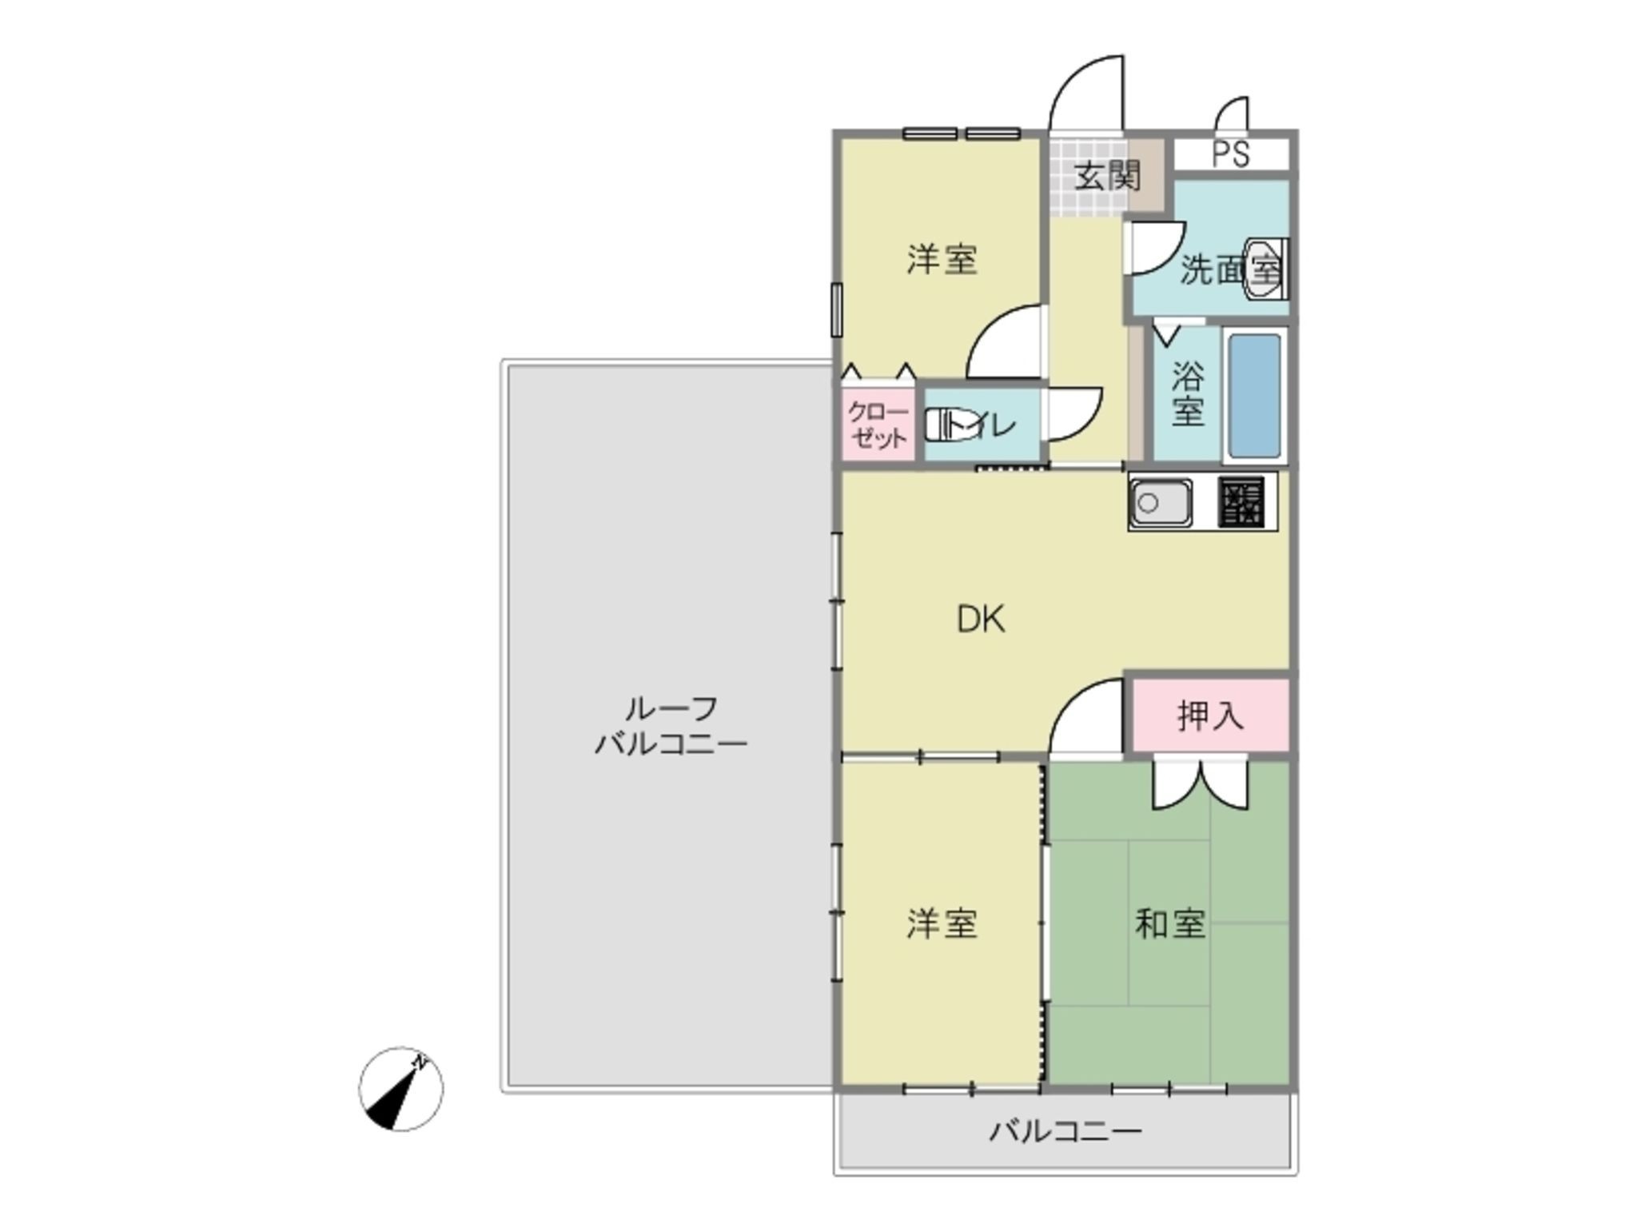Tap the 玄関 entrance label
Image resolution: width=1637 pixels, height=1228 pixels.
1106,176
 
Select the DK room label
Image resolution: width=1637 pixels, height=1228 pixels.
981,620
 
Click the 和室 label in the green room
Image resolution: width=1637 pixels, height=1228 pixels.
1169,924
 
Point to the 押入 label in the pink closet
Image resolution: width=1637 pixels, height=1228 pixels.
1210,716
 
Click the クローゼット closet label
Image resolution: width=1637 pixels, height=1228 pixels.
878,425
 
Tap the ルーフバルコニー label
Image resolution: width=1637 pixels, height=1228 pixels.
671,726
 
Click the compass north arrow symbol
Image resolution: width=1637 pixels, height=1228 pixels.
400,1088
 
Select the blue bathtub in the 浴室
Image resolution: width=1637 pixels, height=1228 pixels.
1254,396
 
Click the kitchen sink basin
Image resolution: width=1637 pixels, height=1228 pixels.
1160,503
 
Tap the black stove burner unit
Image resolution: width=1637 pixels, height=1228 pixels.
1241,502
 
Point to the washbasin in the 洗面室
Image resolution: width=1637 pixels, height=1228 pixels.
1265,269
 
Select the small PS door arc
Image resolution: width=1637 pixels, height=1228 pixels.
1232,114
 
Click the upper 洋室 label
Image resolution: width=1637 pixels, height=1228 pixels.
942,260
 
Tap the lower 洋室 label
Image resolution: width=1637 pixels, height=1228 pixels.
942,924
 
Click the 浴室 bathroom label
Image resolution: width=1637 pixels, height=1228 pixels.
1187,395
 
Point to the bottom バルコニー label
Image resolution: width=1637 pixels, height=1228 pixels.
1065,1131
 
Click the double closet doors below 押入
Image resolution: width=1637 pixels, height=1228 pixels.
1200,783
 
